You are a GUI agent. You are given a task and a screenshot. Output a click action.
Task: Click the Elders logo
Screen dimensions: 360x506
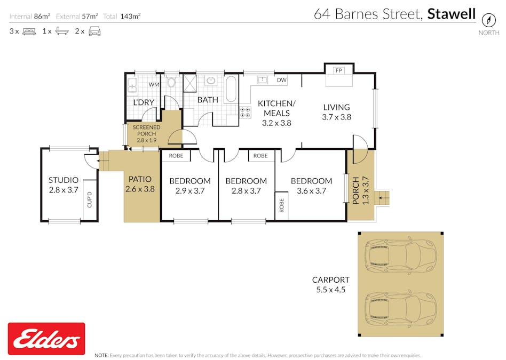[46, 339]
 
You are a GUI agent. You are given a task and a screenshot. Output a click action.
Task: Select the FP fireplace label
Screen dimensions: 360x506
[338, 70]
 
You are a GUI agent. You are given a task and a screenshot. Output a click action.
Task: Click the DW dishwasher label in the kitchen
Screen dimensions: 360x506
[281, 81]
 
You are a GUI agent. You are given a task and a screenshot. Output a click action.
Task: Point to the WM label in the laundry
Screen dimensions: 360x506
[154, 84]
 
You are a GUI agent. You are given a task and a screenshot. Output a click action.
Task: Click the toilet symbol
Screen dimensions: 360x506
[171, 82]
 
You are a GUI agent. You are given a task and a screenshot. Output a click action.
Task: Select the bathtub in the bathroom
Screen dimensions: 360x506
[231, 89]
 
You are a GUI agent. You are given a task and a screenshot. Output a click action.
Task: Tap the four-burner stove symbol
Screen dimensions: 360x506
[247, 112]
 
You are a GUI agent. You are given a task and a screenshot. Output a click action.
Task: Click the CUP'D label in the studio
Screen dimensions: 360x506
[90, 199]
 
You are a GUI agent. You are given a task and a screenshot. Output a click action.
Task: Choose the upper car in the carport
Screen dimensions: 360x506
[400, 256]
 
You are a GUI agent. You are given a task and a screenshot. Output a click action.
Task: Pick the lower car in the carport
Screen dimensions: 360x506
[400, 310]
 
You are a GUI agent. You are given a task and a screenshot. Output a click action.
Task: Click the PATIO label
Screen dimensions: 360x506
[139, 180]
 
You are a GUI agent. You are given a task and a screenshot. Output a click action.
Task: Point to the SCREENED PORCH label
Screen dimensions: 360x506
[146, 133]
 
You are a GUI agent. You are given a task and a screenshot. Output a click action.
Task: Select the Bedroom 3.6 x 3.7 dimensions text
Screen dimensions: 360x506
[308, 191]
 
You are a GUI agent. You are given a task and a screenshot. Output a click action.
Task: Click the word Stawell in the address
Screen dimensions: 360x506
[451, 14]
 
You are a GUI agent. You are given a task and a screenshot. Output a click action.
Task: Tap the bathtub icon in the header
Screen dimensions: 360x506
[62, 31]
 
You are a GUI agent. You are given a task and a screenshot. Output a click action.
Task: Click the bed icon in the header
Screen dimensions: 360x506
[29, 31]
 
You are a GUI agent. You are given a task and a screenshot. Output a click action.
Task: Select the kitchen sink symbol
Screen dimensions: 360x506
[262, 80]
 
